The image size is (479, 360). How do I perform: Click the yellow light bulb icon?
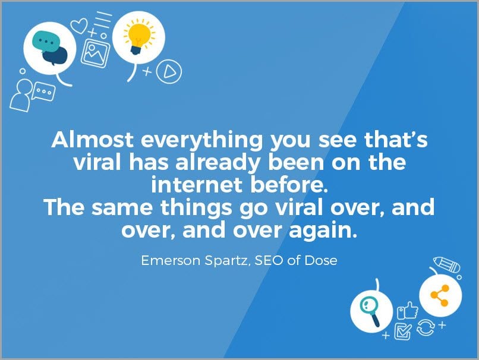pos(139,37)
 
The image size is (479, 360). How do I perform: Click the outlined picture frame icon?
pos(95,53)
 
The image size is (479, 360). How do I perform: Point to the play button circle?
pos(169,71)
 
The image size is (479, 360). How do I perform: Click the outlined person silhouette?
pos(21,95)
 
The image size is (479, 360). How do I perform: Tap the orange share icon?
pos(440,295)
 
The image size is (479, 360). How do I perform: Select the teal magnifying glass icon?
pos(370,312)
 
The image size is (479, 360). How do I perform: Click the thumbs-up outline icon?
pos(407,310)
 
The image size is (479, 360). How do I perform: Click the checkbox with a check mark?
pos(402,331)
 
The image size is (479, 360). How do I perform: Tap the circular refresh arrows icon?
pos(426,327)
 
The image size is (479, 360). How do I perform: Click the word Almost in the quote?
pos(93,140)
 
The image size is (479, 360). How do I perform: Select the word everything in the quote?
pos(201,141)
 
